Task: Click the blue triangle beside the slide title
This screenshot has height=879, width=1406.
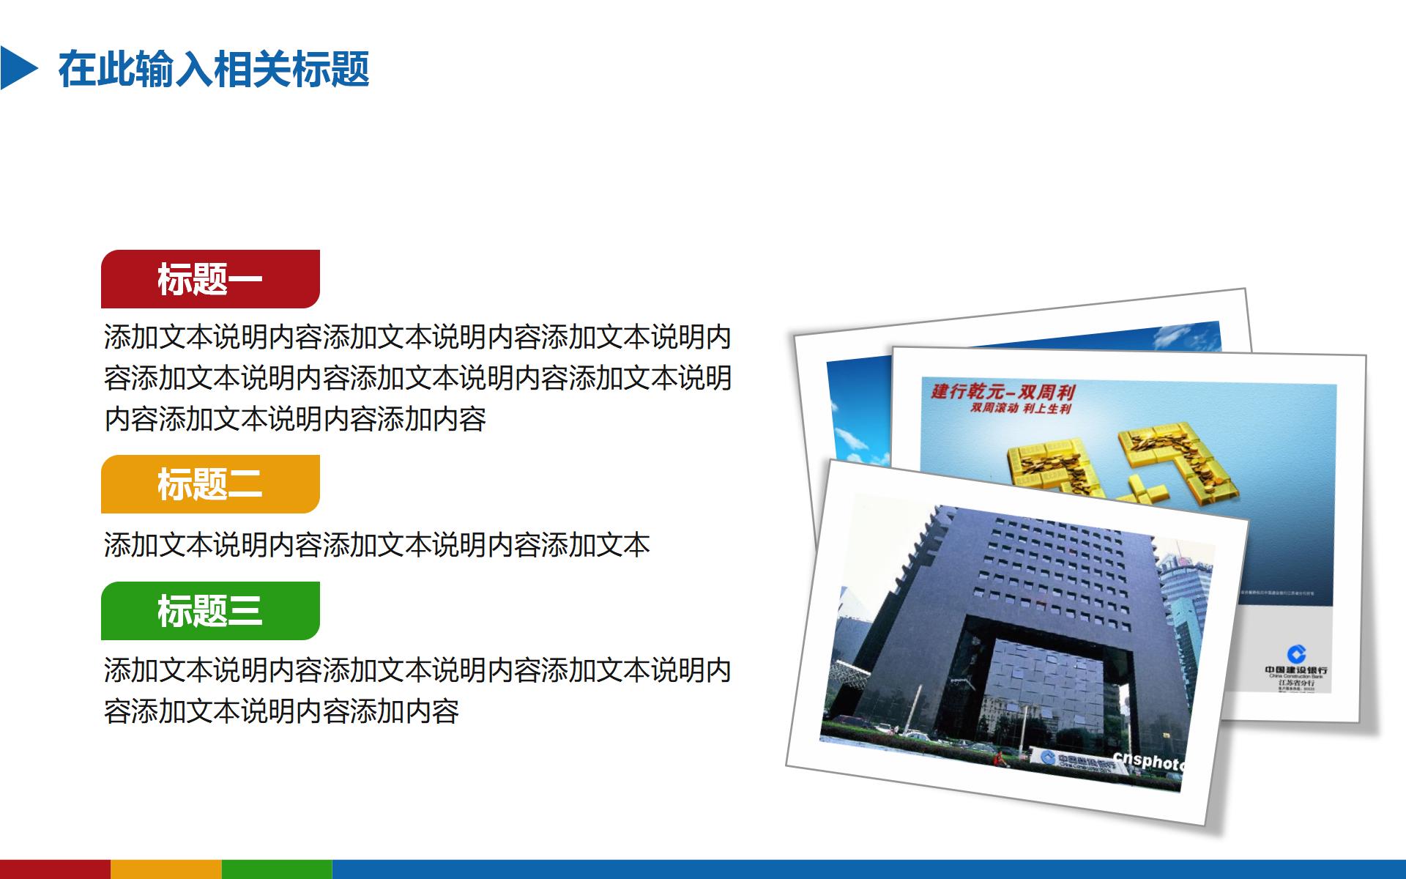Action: pos(18,68)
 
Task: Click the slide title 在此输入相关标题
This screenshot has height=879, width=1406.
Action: pos(214,70)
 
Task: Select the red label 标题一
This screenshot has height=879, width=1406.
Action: pos(210,279)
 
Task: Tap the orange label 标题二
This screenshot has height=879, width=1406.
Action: pos(210,484)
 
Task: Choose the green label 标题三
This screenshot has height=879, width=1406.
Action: pos(210,611)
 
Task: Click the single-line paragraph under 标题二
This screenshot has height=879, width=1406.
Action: pos(377,545)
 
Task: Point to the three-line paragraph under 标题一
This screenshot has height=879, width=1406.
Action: pos(417,378)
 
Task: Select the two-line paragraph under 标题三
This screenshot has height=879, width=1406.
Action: pos(417,690)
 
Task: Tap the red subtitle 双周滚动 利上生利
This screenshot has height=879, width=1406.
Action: pos(1021,408)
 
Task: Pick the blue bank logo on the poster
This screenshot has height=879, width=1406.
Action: pos(1296,653)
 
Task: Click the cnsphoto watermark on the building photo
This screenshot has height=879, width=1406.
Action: pos(1147,760)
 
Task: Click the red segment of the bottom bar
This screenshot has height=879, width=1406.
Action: pos(55,869)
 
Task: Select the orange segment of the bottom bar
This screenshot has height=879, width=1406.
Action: pos(166,869)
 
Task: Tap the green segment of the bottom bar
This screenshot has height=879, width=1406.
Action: pos(277,869)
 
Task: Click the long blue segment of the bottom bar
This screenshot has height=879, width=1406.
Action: pos(868,869)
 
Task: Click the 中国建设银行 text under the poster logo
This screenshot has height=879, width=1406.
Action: pos(1296,670)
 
